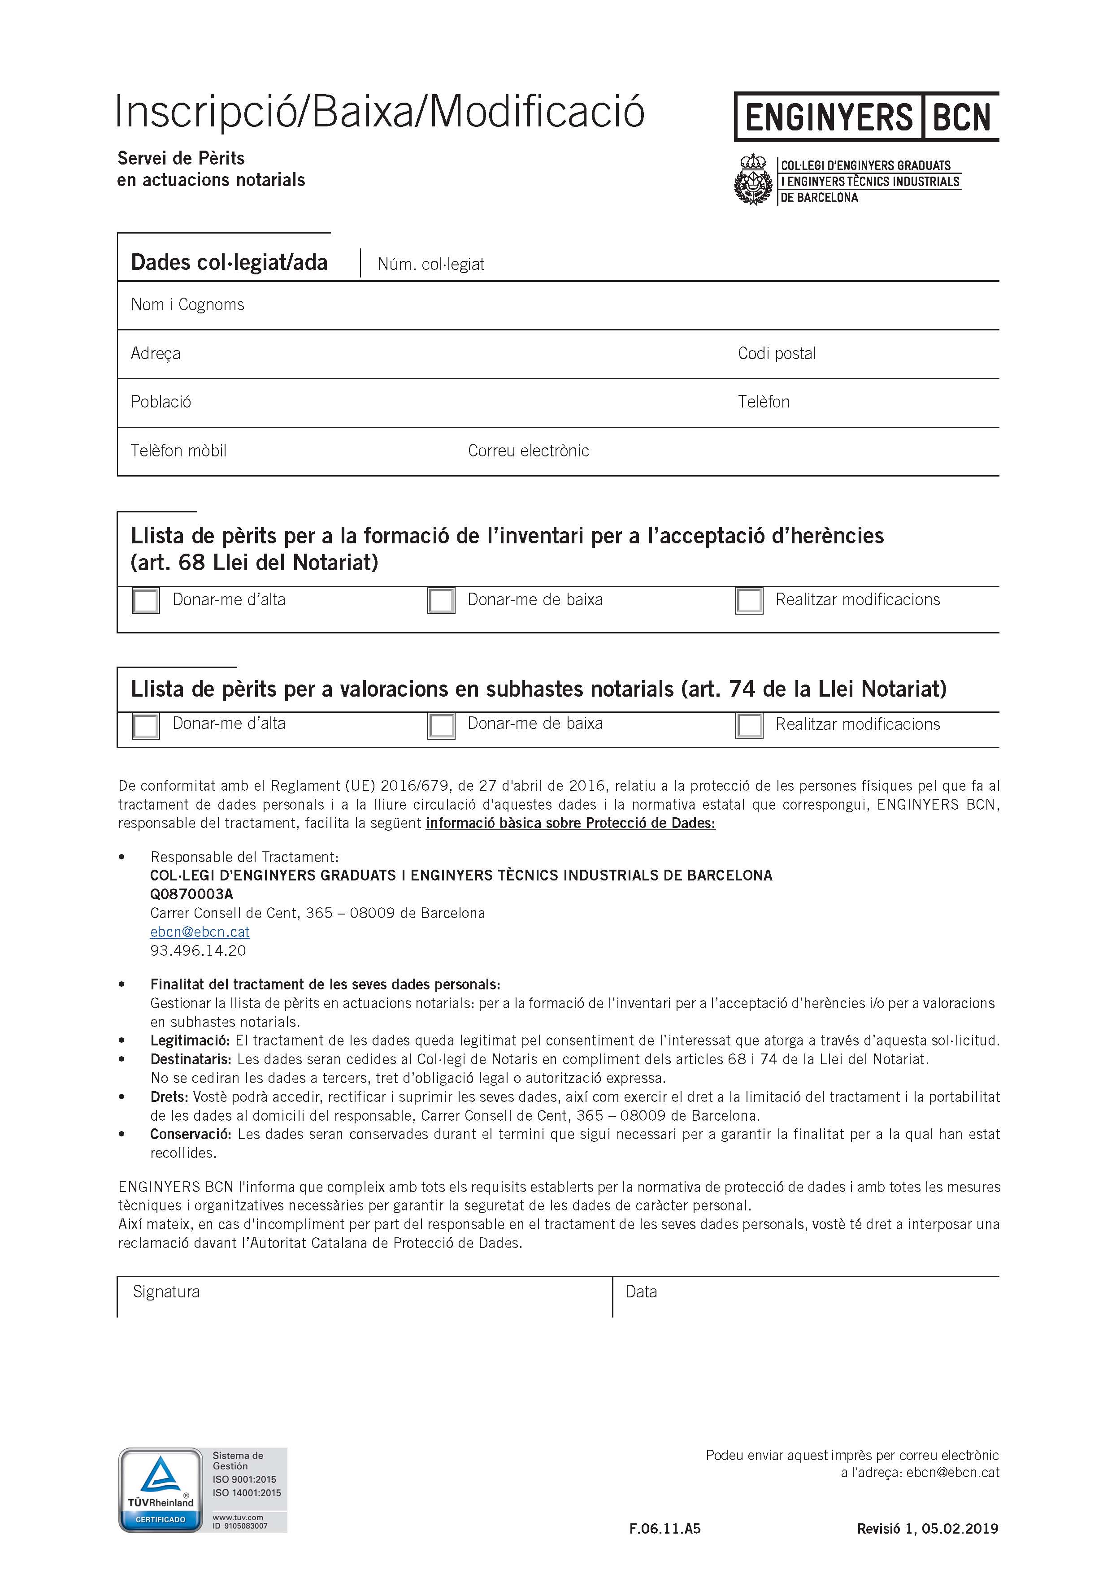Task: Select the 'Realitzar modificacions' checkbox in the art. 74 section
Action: tap(749, 725)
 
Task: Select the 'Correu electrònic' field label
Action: tap(529, 451)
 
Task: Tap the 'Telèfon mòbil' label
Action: tap(178, 451)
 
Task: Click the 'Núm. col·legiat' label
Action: tap(431, 264)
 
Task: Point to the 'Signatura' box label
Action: tap(166, 1292)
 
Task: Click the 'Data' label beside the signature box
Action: tap(641, 1292)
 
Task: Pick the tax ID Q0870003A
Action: tap(192, 894)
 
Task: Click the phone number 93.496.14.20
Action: tap(198, 950)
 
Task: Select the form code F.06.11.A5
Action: tap(664, 1529)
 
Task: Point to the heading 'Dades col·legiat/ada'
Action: tap(229, 263)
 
